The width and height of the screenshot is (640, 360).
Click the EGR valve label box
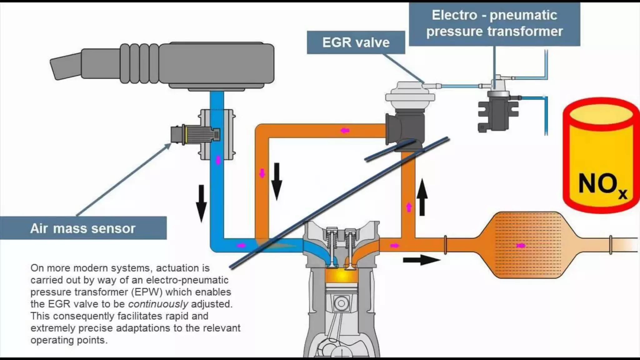tap(356, 42)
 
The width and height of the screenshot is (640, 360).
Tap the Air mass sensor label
tap(83, 228)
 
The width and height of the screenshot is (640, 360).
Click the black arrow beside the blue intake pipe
tap(201, 203)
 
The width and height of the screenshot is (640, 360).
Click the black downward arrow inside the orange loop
tap(277, 181)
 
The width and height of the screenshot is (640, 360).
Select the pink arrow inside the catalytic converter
tap(520, 246)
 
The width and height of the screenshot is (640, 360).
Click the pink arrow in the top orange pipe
tap(345, 130)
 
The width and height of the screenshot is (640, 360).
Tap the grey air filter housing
tap(217, 65)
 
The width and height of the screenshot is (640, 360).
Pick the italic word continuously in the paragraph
tap(158, 304)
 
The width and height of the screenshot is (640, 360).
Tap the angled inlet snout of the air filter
tap(66, 67)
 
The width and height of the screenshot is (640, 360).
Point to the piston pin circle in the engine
tap(341, 303)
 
